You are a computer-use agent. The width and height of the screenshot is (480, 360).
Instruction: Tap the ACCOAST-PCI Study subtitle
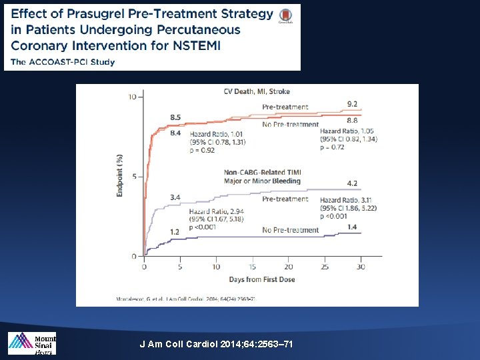coord(63,62)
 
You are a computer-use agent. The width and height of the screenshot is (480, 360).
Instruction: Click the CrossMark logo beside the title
coord(285,16)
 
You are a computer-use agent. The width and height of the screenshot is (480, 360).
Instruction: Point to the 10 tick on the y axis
coord(132,97)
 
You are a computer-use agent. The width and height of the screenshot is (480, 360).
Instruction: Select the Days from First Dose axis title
coord(253,279)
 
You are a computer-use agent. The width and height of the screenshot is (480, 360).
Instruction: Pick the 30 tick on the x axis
coord(361,267)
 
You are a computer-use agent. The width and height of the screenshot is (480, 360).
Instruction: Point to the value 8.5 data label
coord(175,117)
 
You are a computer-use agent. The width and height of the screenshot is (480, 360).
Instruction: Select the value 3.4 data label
coord(175,197)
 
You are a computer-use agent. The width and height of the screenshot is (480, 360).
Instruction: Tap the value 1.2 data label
coord(175,231)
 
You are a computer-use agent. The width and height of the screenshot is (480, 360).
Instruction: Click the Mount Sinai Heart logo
coord(31,343)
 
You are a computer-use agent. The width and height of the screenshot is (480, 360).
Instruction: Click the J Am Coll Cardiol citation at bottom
coord(216,344)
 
